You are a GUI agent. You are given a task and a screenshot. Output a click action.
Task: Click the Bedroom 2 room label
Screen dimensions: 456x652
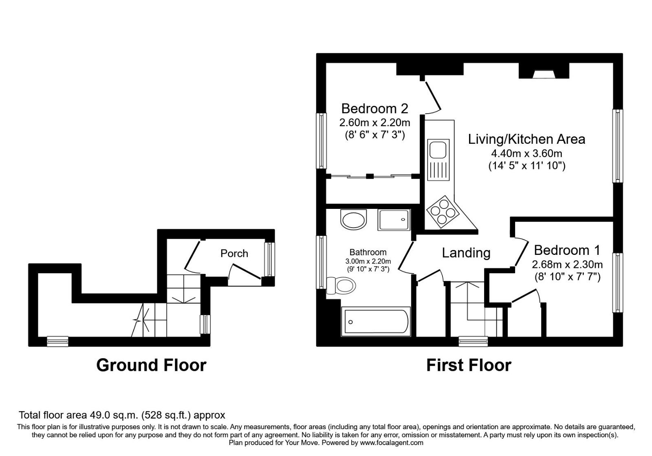coord(374,109)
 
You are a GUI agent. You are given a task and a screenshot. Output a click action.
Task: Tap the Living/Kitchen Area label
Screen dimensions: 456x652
coord(526,139)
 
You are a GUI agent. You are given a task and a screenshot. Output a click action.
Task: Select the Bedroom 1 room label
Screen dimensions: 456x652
coord(567,250)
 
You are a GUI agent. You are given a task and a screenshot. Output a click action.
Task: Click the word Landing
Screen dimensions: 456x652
coord(466,253)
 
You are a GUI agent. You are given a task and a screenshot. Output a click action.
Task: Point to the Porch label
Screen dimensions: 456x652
coord(234,254)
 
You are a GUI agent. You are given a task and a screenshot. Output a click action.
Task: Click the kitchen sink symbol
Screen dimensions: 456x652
coord(438,149)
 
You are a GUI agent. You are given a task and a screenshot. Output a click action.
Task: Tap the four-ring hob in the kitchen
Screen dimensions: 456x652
coord(442,212)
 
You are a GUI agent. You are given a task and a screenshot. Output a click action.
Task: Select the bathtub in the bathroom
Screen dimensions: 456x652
coord(375,322)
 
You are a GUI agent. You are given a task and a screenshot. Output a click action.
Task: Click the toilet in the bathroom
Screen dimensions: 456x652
coord(341,285)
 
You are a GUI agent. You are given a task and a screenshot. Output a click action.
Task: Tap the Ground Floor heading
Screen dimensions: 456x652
coord(151,365)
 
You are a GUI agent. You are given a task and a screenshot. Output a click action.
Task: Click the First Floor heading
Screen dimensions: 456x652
coord(469,365)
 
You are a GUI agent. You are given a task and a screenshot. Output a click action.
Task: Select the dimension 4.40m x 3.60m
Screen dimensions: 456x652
coord(526,154)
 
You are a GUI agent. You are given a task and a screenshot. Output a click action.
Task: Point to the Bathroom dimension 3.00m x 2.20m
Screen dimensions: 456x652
coord(368,261)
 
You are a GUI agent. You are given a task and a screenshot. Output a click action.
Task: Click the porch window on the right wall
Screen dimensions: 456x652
coord(269,259)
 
